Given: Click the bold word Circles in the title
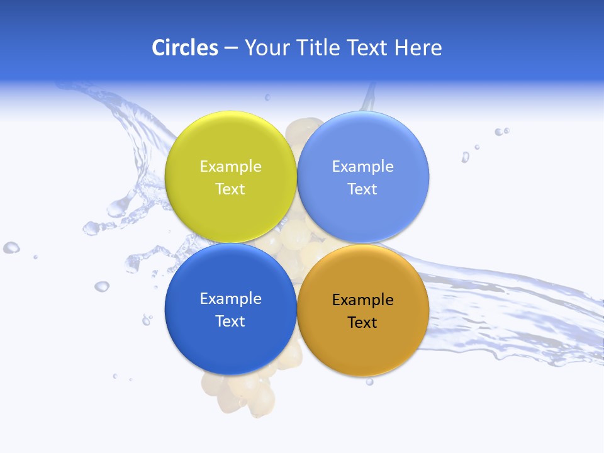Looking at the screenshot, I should pyautogui.click(x=185, y=48).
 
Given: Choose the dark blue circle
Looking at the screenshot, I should pyautogui.click(x=230, y=343).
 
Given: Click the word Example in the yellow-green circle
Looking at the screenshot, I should pyautogui.click(x=230, y=166).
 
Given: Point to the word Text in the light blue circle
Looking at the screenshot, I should pyautogui.click(x=362, y=189).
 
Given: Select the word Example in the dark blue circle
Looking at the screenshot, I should pyautogui.click(x=230, y=298).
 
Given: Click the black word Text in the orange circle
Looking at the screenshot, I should pyautogui.click(x=362, y=322).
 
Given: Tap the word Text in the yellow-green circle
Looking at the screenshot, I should pyautogui.click(x=230, y=189).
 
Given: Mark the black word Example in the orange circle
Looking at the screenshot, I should pyautogui.click(x=362, y=299).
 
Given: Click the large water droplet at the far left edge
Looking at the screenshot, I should pyautogui.click(x=11, y=247).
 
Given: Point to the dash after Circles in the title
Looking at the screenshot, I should pyautogui.click(x=231, y=48).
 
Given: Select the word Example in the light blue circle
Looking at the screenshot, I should pyautogui.click(x=362, y=166).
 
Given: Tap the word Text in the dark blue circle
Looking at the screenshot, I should pyautogui.click(x=230, y=321).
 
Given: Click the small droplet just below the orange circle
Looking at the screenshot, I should pyautogui.click(x=369, y=381).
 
